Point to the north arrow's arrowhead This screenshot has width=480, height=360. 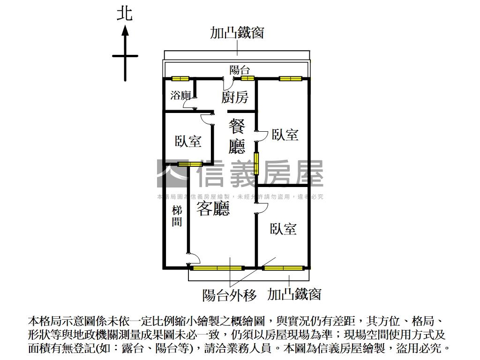click(125, 30)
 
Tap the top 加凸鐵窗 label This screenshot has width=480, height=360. click(237, 32)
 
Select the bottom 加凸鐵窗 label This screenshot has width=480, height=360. click(294, 294)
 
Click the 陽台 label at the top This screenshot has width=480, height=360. click(239, 70)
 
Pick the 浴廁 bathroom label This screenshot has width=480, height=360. click(180, 96)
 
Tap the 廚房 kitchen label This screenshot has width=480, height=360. click(235, 97)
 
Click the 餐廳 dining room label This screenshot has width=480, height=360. click(237, 136)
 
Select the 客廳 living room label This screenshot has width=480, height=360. click(213, 209)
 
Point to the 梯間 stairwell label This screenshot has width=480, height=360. click(177, 216)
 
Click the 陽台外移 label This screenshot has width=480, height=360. click(230, 295)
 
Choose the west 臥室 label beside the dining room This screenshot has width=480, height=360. click(188, 141)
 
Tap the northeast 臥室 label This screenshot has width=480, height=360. click(285, 135)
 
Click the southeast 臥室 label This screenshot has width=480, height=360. click(283, 229)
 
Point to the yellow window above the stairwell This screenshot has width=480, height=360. click(190, 164)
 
